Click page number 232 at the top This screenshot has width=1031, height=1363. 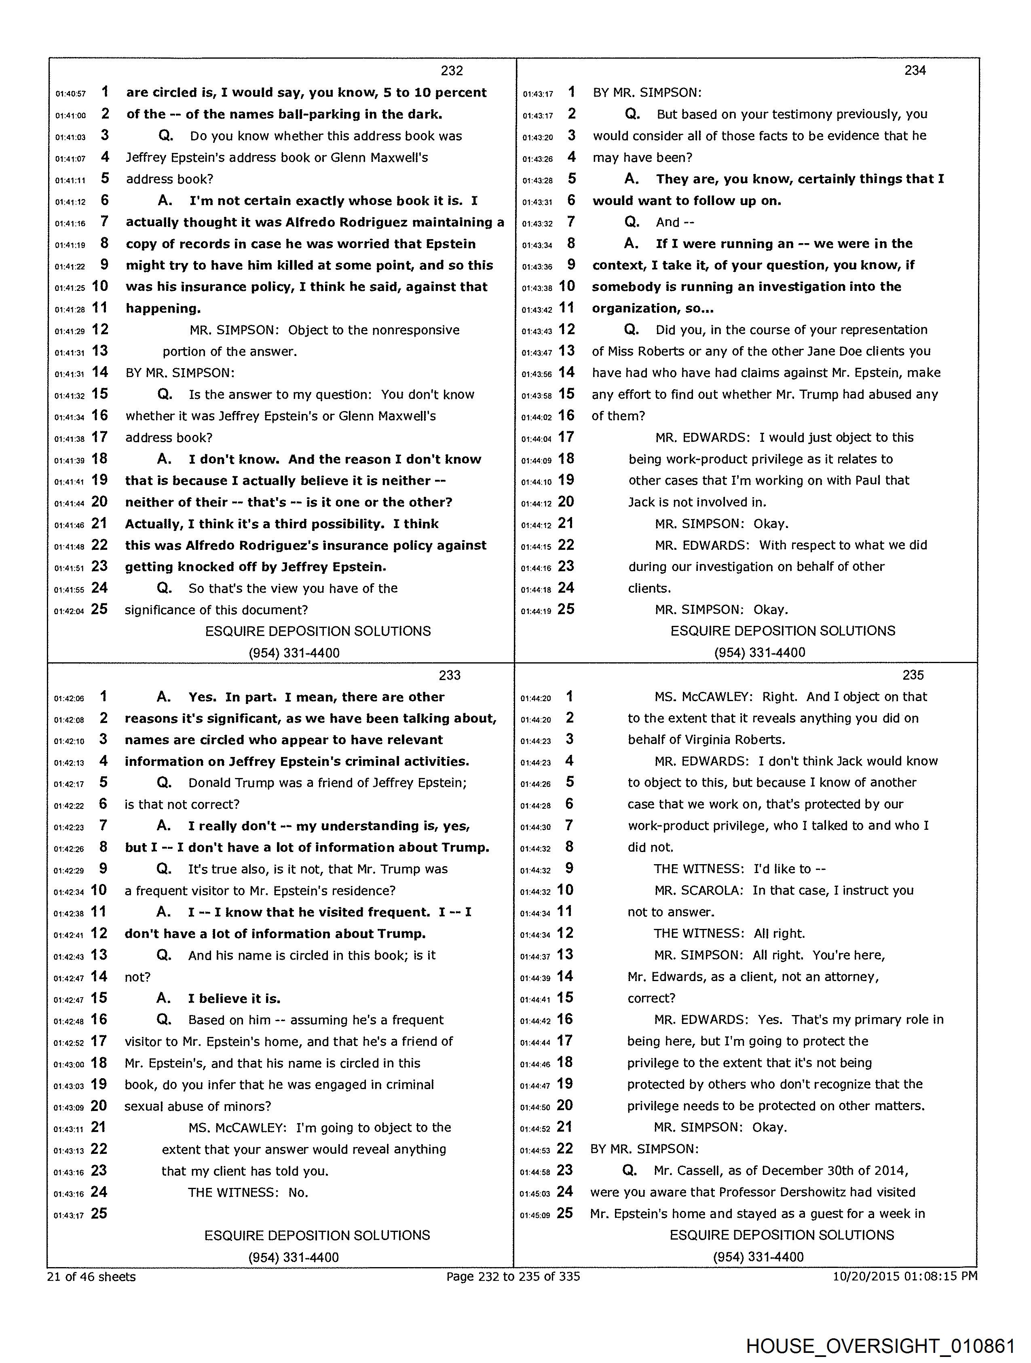coord(452,71)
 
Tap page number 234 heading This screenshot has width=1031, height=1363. coord(915,71)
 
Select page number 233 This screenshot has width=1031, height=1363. coord(450,675)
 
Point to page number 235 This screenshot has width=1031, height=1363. coord(913,675)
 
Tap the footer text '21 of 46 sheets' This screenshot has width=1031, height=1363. coord(91,1277)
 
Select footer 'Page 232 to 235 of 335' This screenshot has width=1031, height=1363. coord(513,1277)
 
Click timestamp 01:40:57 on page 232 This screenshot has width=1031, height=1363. coord(70,94)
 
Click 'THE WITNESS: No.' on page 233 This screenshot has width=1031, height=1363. coord(247,1192)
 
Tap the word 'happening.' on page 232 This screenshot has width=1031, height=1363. coord(163,309)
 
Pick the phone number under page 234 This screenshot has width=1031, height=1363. coord(759,653)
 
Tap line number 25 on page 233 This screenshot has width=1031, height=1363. coord(99,1213)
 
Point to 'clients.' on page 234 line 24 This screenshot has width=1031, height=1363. coord(650,589)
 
